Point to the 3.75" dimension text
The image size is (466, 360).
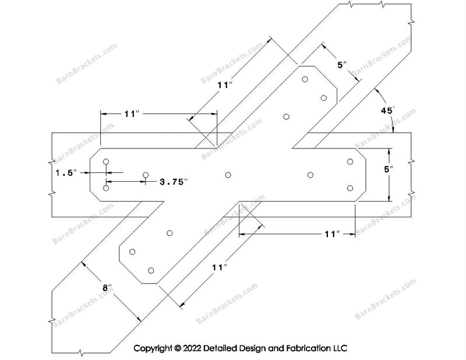[x=174, y=182]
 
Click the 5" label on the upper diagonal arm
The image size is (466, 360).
[x=342, y=65]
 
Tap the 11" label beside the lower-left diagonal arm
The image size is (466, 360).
[x=219, y=267]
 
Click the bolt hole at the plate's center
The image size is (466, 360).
[x=228, y=174]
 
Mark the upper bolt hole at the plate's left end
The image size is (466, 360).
[x=106, y=161]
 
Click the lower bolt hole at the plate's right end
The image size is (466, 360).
[x=351, y=188]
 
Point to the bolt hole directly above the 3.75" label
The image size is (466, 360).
[x=146, y=174]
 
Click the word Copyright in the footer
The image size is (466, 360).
[x=153, y=348]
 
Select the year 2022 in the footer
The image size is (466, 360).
[x=195, y=348]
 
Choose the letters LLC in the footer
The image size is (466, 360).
[x=340, y=348]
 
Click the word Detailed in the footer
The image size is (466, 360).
[x=226, y=348]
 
